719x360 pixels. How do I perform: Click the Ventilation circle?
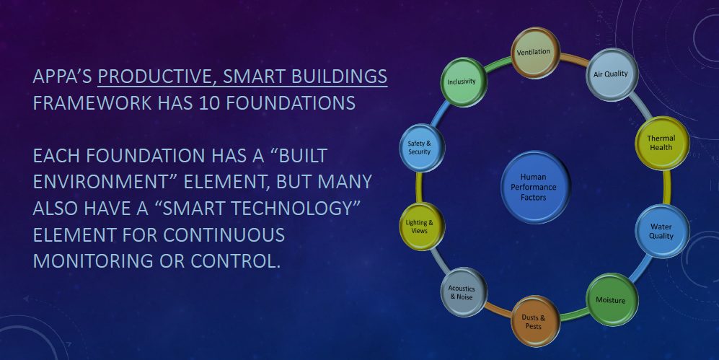pyautogui.click(x=535, y=53)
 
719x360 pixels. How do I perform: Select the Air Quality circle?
pyautogui.click(x=612, y=74)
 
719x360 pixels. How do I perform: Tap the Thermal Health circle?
pyautogui.click(x=662, y=143)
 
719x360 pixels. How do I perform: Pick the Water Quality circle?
pyautogui.click(x=662, y=231)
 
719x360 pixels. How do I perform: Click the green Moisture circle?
pyautogui.click(x=612, y=300)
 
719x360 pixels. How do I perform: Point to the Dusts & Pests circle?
pyautogui.click(x=535, y=321)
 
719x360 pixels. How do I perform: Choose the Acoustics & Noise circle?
pyautogui.click(x=464, y=292)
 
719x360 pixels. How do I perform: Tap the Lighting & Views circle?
pyautogui.click(x=422, y=227)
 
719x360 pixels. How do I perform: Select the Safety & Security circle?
pyautogui.click(x=422, y=148)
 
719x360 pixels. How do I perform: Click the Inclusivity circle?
pyautogui.click(x=464, y=82)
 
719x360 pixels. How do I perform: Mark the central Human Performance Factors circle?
pyautogui.click(x=535, y=187)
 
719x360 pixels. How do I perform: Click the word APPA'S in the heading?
pyautogui.click(x=63, y=76)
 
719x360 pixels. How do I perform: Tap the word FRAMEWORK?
pyautogui.click(x=92, y=103)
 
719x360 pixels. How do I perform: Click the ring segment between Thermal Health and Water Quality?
pyautogui.click(x=667, y=187)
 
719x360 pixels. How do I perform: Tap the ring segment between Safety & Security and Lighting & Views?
pyautogui.click(x=419, y=187)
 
